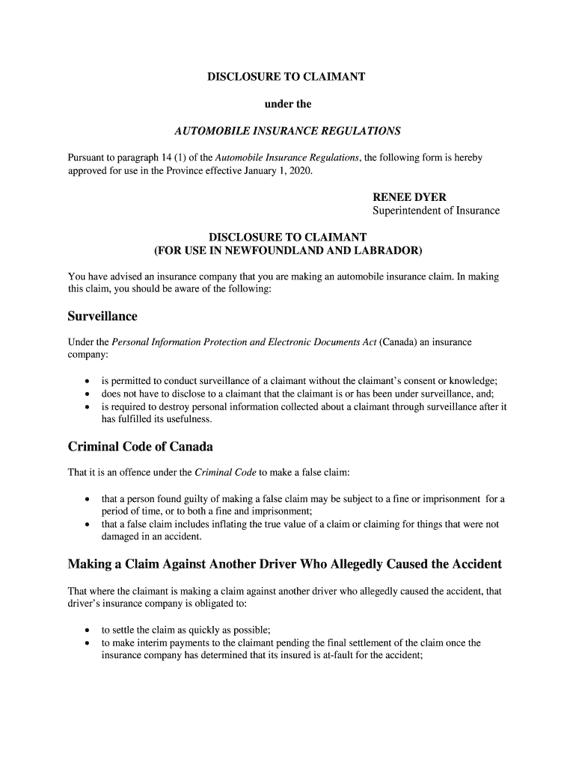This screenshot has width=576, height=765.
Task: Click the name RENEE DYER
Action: [x=409, y=197]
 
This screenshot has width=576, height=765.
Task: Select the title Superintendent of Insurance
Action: [x=435, y=211]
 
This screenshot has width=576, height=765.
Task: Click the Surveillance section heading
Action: [x=102, y=316]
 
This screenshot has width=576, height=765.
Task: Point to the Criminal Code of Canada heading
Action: [x=141, y=447]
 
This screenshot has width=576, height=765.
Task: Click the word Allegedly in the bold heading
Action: [x=356, y=564]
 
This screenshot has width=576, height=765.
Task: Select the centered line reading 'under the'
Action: [x=288, y=104]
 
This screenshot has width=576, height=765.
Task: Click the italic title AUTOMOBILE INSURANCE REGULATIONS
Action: [x=288, y=131]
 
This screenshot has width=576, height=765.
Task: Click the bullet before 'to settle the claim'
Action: [x=88, y=630]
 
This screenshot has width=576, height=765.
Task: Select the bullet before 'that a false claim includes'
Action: [x=88, y=524]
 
